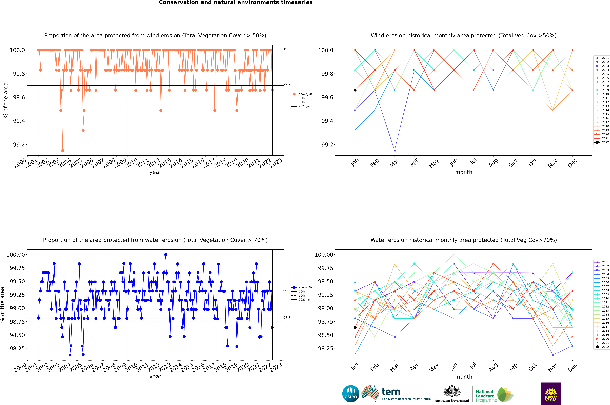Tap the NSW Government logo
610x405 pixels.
[551, 394]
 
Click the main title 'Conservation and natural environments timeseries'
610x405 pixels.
[236, 3]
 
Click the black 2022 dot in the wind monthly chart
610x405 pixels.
[355, 90]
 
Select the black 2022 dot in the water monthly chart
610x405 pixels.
[355, 327]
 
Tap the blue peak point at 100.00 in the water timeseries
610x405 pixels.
[165, 254]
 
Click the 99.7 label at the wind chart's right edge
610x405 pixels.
[287, 84]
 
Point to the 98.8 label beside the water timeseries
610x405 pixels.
[287, 318]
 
